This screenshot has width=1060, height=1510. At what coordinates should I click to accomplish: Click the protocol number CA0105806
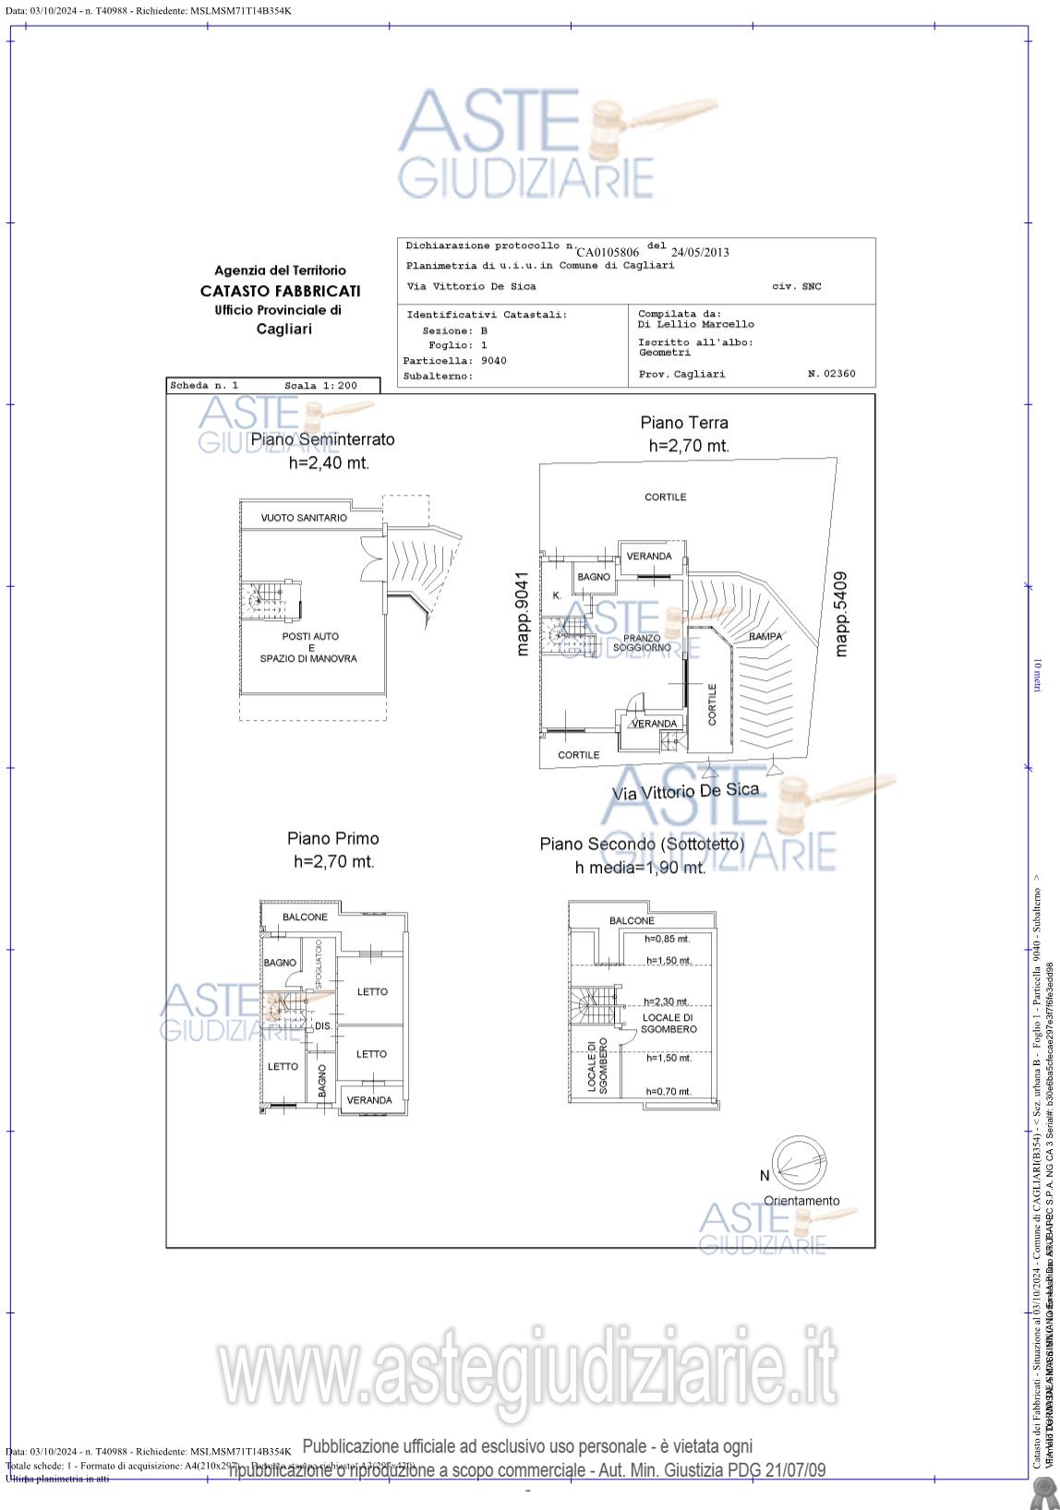(608, 252)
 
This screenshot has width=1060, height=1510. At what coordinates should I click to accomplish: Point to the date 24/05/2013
(700, 252)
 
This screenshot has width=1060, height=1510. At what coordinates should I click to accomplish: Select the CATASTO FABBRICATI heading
(280, 291)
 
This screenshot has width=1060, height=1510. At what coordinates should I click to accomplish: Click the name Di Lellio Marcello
(695, 325)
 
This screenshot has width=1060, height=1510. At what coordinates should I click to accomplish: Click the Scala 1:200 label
(320, 386)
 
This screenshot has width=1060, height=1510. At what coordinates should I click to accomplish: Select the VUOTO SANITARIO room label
(304, 518)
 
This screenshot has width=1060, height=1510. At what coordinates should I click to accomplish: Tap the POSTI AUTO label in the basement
(310, 637)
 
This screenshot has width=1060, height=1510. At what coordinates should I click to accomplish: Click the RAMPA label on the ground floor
(765, 637)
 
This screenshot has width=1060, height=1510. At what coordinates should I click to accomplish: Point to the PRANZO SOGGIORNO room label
(642, 643)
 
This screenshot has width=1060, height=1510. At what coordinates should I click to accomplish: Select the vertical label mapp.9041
(523, 614)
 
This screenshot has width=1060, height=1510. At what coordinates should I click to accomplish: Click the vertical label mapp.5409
(840, 614)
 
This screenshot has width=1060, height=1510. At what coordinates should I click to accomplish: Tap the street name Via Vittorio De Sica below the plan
(685, 791)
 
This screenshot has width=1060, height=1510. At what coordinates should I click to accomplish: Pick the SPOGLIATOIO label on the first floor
(319, 965)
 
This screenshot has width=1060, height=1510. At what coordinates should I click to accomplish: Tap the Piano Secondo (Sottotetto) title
(642, 844)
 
